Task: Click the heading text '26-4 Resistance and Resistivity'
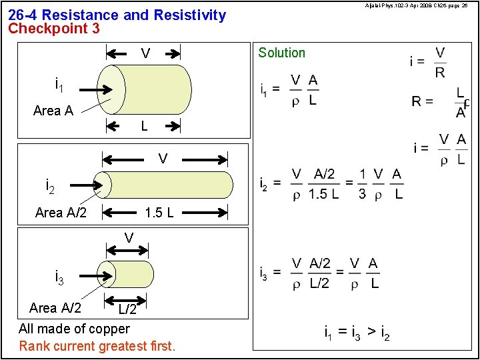point(117,15)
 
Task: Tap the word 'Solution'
point(281,53)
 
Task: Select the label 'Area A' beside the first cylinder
point(53,111)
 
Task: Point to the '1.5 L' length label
point(159,213)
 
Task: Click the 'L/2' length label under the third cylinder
point(128,309)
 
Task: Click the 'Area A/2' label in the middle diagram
point(61,213)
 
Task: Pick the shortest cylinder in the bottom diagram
point(130,274)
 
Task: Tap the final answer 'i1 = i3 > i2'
point(357,333)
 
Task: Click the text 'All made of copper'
point(74,329)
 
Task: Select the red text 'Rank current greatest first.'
point(97,346)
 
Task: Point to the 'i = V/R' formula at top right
point(429,62)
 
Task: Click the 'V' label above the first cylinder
point(145,53)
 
